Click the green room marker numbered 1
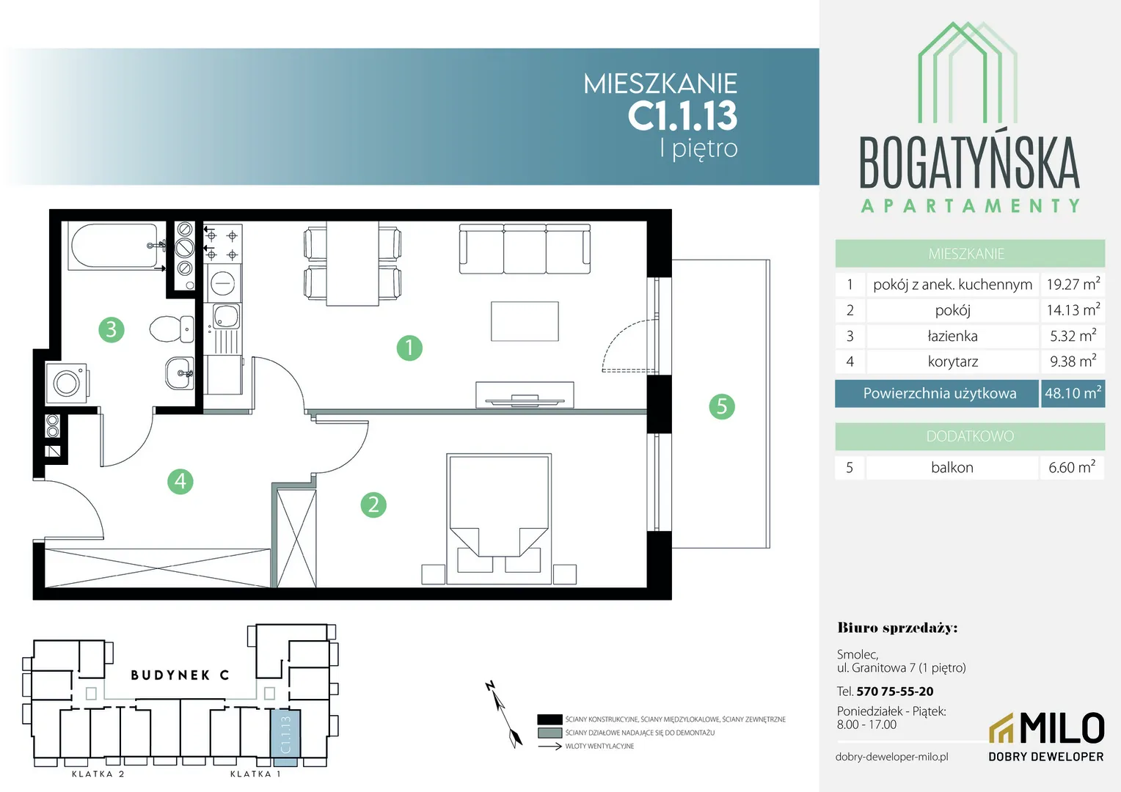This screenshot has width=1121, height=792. coord(409,348)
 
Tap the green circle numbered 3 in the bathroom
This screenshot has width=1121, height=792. coord(111,330)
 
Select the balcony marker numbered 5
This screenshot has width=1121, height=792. coord(722,406)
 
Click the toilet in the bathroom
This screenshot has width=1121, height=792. coord(172,329)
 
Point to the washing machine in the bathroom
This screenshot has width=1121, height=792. coord(67,384)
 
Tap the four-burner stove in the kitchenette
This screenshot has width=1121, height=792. coord(222,243)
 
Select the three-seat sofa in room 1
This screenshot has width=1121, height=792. coord(525,249)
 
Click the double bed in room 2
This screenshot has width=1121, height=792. coord(499,518)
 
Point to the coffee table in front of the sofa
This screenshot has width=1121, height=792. coord(525,321)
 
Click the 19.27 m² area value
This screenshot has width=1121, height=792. coord(1073,284)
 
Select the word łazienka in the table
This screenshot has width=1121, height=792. coord(952,336)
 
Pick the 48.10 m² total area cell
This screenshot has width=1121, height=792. coord(1073,393)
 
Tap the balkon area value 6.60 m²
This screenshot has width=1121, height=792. coord(1072,467)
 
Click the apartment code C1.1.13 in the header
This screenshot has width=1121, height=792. coord(682,116)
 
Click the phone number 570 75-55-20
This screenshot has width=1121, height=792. coord(895,691)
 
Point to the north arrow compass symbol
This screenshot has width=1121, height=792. coord(504,714)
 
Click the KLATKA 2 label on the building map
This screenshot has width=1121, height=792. coord(98,774)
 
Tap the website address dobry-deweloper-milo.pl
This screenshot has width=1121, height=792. coord(892,757)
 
